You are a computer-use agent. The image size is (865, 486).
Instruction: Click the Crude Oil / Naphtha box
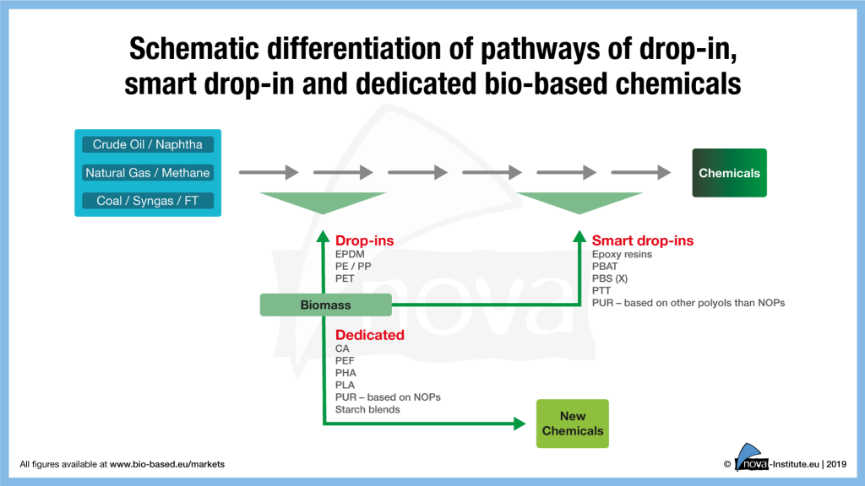coord(148,144)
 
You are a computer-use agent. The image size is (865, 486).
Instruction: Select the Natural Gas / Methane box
coord(148,173)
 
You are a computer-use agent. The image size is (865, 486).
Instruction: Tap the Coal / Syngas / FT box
coord(148,201)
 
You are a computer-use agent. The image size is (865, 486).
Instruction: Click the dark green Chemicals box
coord(729,173)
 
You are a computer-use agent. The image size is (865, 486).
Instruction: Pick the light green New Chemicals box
coord(572,424)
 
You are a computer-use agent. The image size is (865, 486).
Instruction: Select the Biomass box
coord(325,305)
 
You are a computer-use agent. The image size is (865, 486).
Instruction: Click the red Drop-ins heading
coord(364,240)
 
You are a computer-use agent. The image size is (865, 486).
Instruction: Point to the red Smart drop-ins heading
coord(642,240)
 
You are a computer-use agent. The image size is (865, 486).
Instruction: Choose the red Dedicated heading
coord(369,335)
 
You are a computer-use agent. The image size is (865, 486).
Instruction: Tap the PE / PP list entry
coord(353,266)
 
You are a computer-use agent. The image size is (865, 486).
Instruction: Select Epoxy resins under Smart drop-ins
coord(622,254)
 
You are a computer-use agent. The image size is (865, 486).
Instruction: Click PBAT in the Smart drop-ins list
coord(607,266)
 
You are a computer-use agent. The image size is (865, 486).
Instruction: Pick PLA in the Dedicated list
coord(345,385)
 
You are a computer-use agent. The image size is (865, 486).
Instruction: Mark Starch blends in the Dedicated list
coord(367,409)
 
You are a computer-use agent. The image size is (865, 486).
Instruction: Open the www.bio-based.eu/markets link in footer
coord(167,464)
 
